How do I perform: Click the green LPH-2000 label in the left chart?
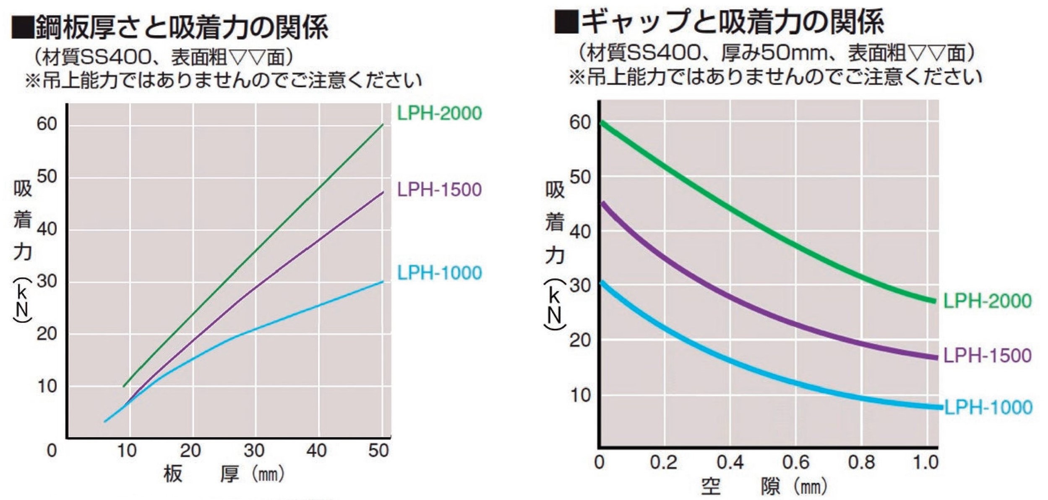click(439, 113)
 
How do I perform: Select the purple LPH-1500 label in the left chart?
click(439, 190)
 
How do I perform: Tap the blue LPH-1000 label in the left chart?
click(439, 273)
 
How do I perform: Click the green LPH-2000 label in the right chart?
click(987, 301)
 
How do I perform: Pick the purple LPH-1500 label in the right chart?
click(987, 356)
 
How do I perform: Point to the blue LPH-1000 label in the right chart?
click(988, 407)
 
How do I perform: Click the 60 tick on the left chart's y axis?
click(47, 124)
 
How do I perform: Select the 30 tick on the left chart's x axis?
click(254, 450)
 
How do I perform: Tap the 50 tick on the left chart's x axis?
click(379, 450)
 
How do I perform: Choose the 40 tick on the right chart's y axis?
click(580, 232)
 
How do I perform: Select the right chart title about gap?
click(719, 23)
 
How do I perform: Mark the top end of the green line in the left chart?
click(382, 125)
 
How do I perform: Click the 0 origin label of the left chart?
click(51, 450)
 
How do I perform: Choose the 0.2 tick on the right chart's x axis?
click(664, 462)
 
